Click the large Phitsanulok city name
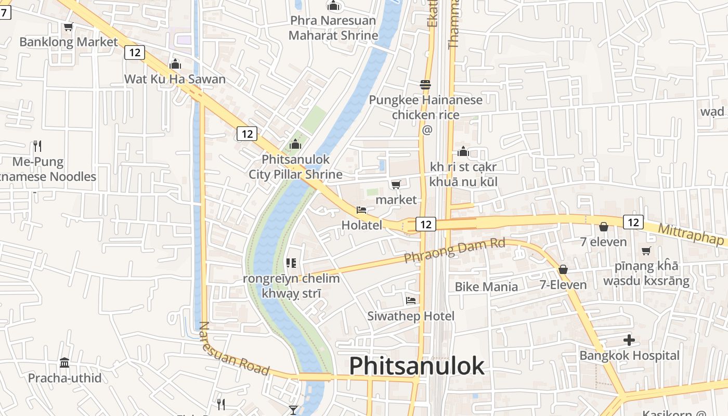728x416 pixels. pos(417,366)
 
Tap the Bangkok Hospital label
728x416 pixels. pos(629,356)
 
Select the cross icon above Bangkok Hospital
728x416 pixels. pos(629,341)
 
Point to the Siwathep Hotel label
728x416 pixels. pos(411,316)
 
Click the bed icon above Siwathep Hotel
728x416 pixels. pos(411,301)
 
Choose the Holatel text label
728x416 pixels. pos(361,225)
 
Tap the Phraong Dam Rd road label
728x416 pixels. pos(454,250)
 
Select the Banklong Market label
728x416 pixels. pos(69,42)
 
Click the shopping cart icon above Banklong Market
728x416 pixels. pos(68,27)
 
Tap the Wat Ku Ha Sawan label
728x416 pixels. pos(175,79)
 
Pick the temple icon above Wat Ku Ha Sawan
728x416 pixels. pos(175,64)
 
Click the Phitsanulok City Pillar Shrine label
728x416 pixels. pos(295,166)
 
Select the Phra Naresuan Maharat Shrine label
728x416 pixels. pos(333,28)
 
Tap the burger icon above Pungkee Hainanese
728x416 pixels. pos(425,84)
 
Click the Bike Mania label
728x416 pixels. pos(486,287)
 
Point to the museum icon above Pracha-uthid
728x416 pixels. pos(64,362)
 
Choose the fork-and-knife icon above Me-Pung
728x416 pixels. pos(37,146)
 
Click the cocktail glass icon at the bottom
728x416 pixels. pos(293,410)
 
